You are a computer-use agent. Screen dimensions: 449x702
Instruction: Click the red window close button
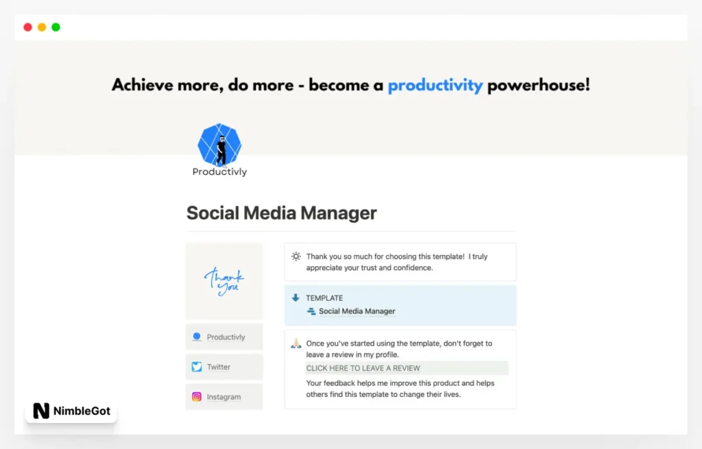pyautogui.click(x=27, y=27)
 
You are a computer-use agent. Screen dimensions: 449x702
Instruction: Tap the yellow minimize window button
pyautogui.click(x=42, y=27)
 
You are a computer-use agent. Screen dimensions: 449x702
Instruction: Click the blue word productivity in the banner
pyautogui.click(x=435, y=86)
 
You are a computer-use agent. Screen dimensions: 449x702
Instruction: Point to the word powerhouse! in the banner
pyautogui.click(x=538, y=86)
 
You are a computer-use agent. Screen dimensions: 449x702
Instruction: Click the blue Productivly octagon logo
pyautogui.click(x=219, y=145)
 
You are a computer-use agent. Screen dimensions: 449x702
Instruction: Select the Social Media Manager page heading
pyautogui.click(x=281, y=213)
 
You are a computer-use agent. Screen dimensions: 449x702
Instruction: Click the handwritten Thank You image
pyautogui.click(x=224, y=281)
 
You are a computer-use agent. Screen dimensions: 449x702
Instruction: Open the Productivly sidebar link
pyautogui.click(x=226, y=337)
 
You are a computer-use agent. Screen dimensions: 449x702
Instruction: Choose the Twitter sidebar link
pyautogui.click(x=219, y=367)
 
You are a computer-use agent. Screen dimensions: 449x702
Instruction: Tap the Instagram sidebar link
pyautogui.click(x=223, y=397)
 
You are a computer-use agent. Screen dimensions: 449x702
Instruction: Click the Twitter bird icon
pyautogui.click(x=197, y=367)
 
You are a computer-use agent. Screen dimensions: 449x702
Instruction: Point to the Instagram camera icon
pyautogui.click(x=197, y=396)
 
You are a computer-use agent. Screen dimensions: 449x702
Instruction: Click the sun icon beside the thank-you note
pyautogui.click(x=296, y=256)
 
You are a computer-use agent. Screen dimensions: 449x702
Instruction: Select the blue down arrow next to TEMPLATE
pyautogui.click(x=296, y=298)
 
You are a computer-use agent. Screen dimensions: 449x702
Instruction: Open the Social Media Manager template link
pyautogui.click(x=356, y=311)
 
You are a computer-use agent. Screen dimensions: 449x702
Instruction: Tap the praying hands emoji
pyautogui.click(x=296, y=343)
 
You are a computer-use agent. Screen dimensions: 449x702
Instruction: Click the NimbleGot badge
pyautogui.click(x=71, y=411)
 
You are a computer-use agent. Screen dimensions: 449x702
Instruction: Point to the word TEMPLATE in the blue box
pyautogui.click(x=324, y=298)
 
